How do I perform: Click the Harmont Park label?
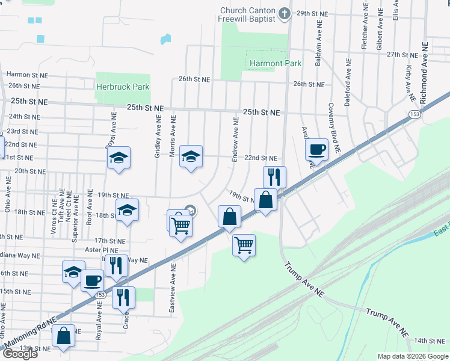pos(275,63)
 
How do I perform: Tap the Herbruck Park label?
pos(123,87)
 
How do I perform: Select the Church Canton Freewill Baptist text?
pos(247,14)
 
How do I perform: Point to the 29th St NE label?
pos(311,13)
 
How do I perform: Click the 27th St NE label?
pos(402,54)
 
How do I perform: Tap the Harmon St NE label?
pos(26,75)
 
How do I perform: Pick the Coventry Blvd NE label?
pos(334,126)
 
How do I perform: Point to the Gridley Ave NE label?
pos(158,138)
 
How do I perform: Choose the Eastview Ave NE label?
pos(173,289)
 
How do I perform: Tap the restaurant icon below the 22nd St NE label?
pos(274,176)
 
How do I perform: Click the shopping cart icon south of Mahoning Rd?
pos(244,244)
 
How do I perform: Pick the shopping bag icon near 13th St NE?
pos(63,336)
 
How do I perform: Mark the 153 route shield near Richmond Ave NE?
pos(414,114)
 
